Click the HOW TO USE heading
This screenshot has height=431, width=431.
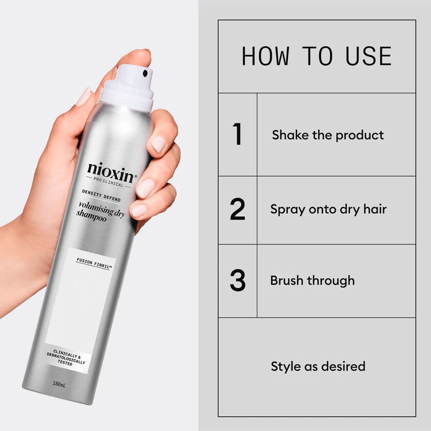(x=317, y=56)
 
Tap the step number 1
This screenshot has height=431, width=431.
(x=237, y=134)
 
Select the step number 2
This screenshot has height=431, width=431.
(x=237, y=209)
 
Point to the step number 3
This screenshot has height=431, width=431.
(x=237, y=281)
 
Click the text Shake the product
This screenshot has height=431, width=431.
(x=328, y=135)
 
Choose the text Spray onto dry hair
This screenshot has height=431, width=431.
(x=328, y=209)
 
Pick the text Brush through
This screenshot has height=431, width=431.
(x=312, y=281)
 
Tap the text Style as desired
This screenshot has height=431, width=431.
(x=318, y=366)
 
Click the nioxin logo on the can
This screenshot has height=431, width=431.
(x=111, y=169)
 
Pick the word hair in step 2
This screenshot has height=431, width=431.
(x=374, y=209)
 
